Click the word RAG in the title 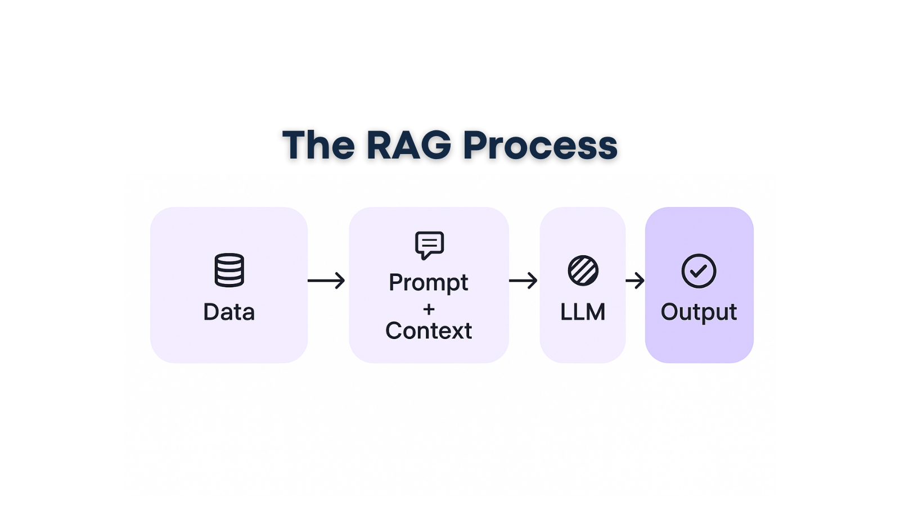click(409, 145)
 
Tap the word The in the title click(318, 145)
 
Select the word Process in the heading click(540, 145)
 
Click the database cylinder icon click(229, 270)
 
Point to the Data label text click(229, 312)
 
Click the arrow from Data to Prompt click(326, 280)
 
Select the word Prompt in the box click(429, 282)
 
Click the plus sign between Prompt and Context click(429, 309)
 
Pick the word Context click(429, 331)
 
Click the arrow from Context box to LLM click(523, 280)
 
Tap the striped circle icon click(583, 270)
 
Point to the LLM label click(583, 312)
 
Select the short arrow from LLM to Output click(635, 280)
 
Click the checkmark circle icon click(699, 271)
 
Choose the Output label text click(699, 312)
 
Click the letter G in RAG click(435, 145)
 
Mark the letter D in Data click(211, 312)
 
